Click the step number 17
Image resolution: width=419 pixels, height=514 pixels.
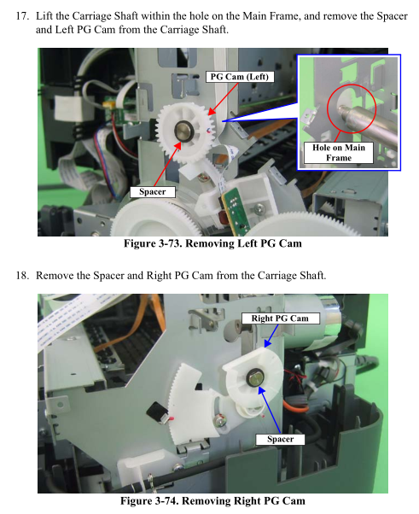(x=22, y=16)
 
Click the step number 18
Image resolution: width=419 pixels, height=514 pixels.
(x=22, y=275)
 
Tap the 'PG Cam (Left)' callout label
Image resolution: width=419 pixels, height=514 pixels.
(x=240, y=77)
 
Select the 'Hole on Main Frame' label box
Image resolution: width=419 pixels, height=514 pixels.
(x=339, y=153)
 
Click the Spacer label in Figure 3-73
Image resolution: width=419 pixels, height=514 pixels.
(x=153, y=192)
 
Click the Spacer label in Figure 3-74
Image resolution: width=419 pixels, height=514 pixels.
(x=280, y=439)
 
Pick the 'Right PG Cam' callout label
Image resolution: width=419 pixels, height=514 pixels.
(x=280, y=318)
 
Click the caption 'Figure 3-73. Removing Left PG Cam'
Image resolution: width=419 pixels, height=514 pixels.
(x=212, y=243)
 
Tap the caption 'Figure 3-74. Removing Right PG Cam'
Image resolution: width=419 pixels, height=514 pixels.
(x=212, y=501)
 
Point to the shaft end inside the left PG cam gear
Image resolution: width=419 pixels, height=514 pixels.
(x=183, y=131)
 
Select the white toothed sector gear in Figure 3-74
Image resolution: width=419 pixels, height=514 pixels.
(x=194, y=401)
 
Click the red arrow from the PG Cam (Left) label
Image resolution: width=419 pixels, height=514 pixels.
(x=223, y=99)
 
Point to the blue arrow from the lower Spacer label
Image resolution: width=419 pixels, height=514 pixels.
(x=269, y=410)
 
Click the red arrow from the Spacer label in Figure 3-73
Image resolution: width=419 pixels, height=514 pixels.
(x=167, y=165)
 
